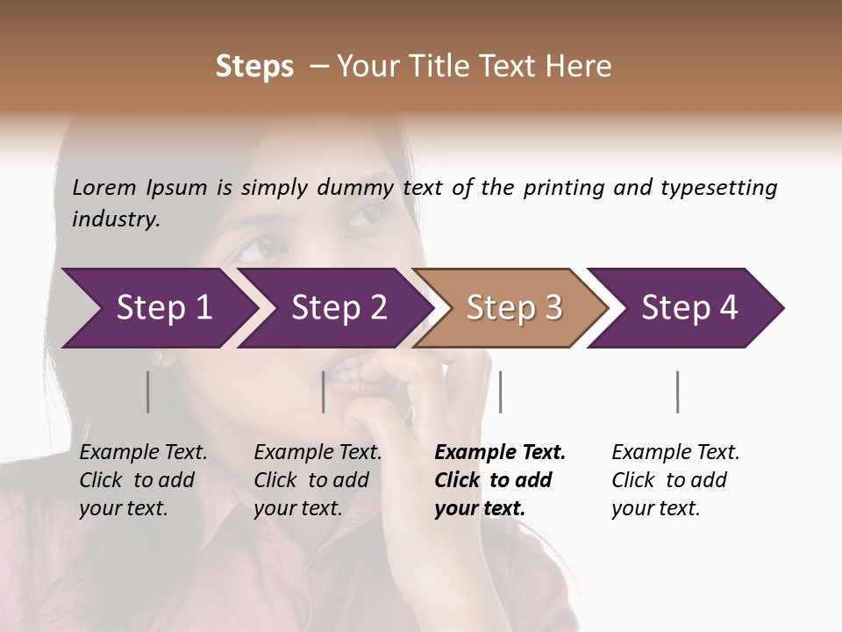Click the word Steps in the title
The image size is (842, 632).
pos(254,67)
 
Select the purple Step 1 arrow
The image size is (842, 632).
pos(158,308)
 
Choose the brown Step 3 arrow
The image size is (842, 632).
pos(510,308)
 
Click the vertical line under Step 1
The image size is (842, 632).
pos(148,391)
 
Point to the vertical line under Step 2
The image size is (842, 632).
pos(324,391)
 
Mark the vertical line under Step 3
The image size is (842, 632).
pos(500,391)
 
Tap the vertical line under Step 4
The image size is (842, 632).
pos(678,391)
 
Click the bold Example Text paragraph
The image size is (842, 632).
pos(499,480)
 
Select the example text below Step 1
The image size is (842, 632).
pos(143,480)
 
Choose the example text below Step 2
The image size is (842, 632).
pos(318,480)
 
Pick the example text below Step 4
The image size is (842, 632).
pos(675,480)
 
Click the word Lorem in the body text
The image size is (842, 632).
pos(104,187)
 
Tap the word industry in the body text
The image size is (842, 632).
pos(116,219)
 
